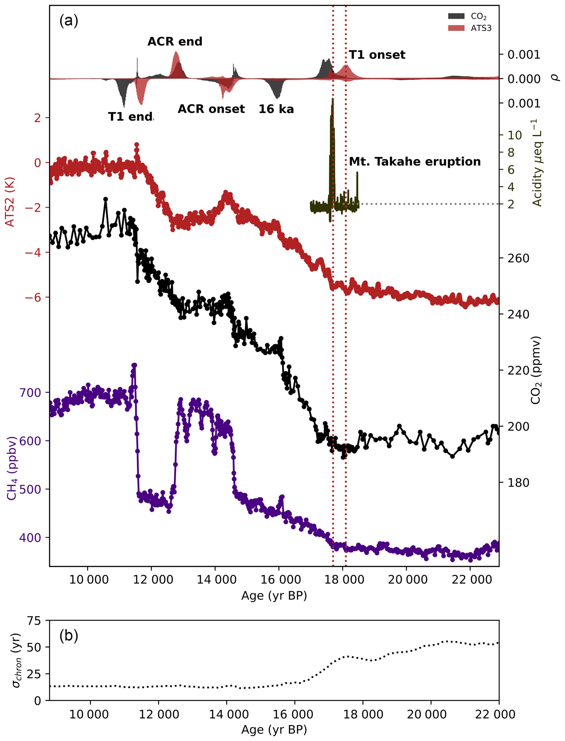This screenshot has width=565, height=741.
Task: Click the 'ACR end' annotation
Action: [175, 41]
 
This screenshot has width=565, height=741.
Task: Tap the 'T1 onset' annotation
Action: [377, 54]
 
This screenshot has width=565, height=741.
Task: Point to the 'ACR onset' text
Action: [211, 109]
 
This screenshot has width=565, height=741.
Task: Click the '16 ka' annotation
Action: [276, 109]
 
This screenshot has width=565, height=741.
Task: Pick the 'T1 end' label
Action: [130, 117]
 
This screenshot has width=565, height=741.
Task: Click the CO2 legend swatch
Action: [456, 16]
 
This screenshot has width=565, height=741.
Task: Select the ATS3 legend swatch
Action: [456, 28]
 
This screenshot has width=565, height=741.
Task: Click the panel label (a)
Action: [69, 21]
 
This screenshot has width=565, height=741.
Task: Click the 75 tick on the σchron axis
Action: [34, 621]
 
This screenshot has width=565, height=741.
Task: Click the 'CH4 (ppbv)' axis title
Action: [11, 468]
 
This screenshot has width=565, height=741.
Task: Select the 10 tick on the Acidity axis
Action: [514, 135]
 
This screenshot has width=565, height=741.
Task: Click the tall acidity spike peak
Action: [333, 99]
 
